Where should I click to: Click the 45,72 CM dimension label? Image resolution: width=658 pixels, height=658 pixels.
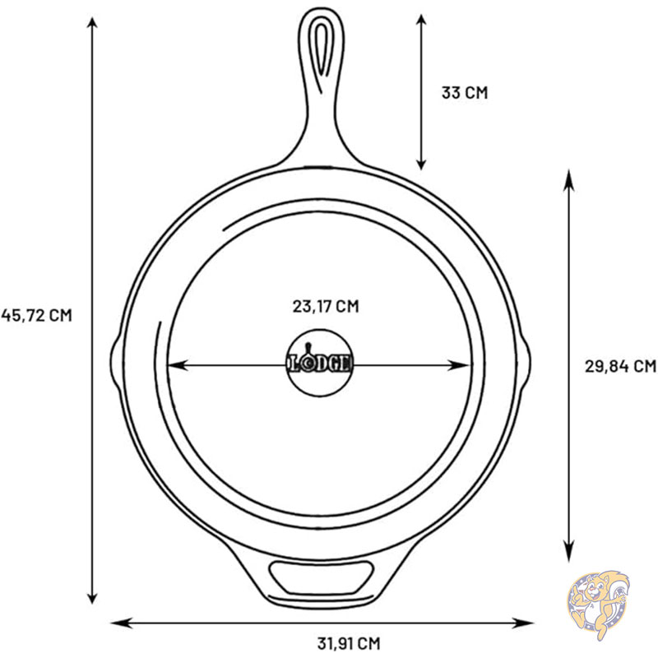[x=36, y=315]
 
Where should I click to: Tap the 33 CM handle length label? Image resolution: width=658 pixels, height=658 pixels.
[x=465, y=92]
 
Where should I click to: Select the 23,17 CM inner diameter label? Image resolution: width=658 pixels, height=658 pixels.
[x=326, y=306]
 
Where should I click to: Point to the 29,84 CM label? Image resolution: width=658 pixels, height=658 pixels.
[x=620, y=366]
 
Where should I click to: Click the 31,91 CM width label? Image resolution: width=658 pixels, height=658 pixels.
[x=348, y=643]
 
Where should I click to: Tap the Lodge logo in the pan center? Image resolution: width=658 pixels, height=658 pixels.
[x=320, y=363]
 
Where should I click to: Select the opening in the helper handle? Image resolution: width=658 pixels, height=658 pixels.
[x=322, y=577]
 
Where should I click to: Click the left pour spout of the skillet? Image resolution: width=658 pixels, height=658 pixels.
[x=116, y=362]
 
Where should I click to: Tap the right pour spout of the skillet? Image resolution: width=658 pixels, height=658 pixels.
[x=524, y=362]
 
